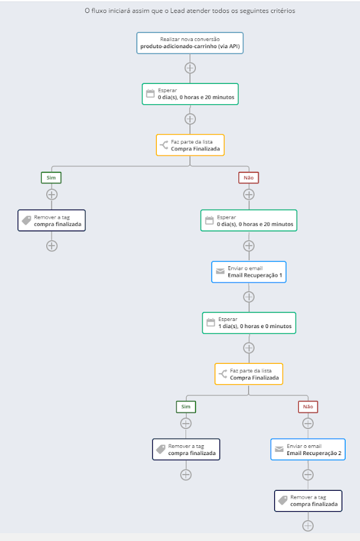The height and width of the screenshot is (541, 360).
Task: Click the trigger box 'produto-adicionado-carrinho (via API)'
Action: tap(190, 43)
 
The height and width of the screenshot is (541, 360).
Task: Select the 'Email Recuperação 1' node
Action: tap(249, 272)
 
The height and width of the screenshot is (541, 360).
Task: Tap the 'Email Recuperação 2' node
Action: tap(308, 450)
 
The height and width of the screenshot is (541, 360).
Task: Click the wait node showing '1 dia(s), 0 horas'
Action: tap(249, 323)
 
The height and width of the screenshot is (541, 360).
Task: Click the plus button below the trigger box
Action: tap(190, 68)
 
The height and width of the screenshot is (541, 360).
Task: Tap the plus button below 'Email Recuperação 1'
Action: tap(249, 297)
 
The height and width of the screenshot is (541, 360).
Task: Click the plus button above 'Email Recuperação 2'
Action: tap(308, 423)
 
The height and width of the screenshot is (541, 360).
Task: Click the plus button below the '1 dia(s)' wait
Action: tap(249, 348)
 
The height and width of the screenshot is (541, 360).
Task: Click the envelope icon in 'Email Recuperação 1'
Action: tap(220, 271)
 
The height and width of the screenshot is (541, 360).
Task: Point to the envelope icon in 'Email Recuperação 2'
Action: tap(279, 449)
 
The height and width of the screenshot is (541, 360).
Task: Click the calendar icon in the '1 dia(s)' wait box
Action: tap(210, 323)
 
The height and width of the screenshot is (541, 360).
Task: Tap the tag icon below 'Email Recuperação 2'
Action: tap(283, 500)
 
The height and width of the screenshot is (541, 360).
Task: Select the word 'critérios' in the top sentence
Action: tap(283, 10)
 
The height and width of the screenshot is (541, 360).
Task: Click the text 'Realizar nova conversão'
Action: tap(190, 39)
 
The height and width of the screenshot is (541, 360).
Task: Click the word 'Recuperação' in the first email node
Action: tap(260, 275)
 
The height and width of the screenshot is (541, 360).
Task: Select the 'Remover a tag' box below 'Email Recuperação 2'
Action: tap(308, 501)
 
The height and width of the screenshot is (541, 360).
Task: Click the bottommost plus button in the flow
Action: tap(308, 526)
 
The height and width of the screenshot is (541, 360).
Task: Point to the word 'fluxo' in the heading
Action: tap(99, 10)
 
